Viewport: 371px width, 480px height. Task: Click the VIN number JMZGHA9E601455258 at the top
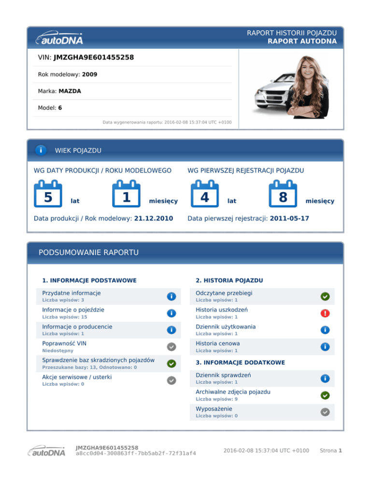click(94, 58)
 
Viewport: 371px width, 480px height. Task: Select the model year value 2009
click(89, 75)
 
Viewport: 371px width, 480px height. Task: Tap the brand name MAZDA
click(70, 91)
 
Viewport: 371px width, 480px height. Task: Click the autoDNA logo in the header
click(59, 38)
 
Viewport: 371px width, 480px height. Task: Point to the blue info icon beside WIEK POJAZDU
click(41, 151)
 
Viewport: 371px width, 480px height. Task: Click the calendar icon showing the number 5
click(48, 194)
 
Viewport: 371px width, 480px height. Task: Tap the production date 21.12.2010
click(153, 219)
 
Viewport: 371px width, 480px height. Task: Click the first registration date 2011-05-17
click(289, 219)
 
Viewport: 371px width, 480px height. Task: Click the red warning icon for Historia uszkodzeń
click(325, 313)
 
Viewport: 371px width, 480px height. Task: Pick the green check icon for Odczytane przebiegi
click(325, 296)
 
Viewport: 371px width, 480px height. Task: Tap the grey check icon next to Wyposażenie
click(325, 412)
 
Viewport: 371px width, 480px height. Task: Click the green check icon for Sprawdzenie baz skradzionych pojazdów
click(171, 363)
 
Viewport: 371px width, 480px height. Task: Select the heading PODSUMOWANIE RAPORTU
click(88, 253)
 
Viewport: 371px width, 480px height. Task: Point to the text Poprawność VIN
click(64, 343)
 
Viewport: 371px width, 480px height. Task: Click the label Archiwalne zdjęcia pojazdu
click(233, 392)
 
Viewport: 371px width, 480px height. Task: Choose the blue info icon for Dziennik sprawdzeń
click(325, 378)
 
